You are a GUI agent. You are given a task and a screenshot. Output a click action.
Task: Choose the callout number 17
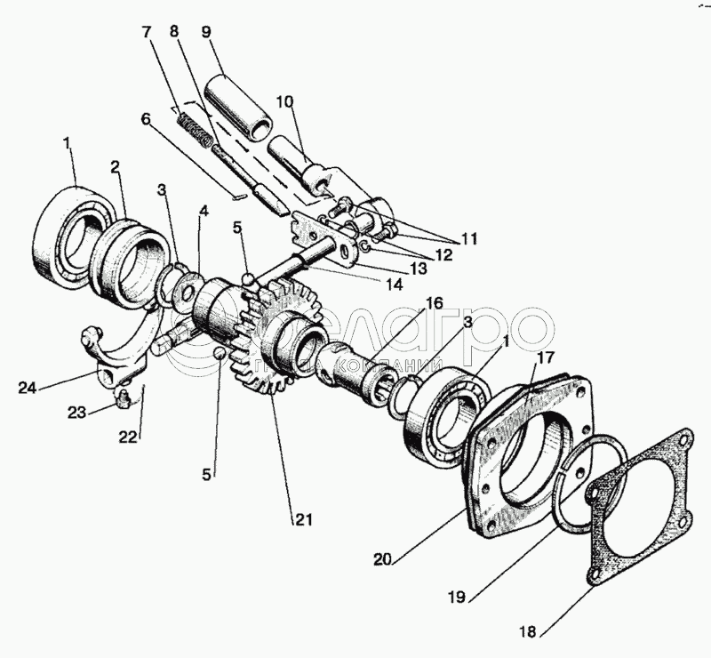click(545, 359)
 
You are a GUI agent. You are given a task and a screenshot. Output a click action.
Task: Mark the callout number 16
click(433, 303)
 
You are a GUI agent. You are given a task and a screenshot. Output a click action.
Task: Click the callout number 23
click(78, 413)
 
